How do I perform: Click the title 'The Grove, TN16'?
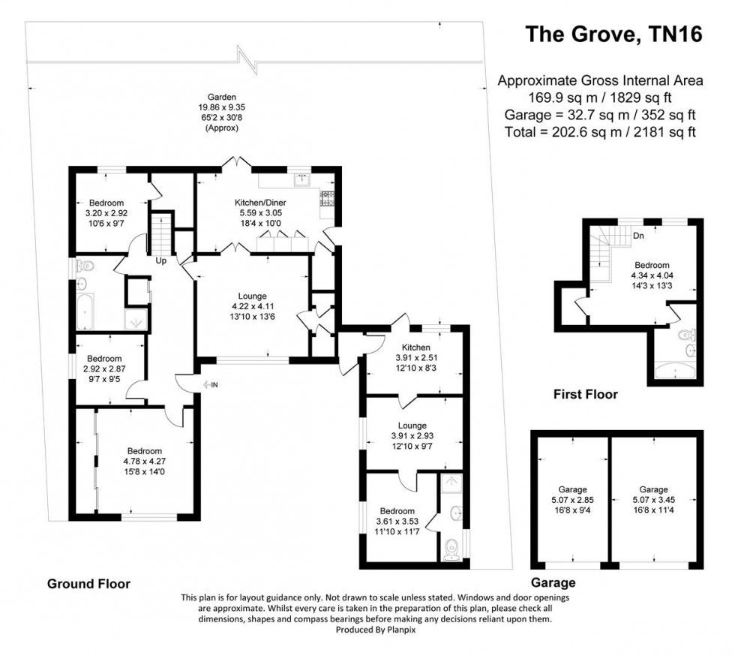613,35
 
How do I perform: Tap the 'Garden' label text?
222,97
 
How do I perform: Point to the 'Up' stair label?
160,261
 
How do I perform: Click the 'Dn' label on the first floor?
639,235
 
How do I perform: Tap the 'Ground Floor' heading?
88,583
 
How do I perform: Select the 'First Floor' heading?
585,394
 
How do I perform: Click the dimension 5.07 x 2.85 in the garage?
571,500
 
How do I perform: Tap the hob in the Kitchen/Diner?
328,198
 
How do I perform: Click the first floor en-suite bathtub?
677,371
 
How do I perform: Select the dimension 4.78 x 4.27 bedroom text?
142,461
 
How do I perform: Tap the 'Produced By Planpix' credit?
367,630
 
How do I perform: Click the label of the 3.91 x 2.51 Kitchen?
415,348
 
